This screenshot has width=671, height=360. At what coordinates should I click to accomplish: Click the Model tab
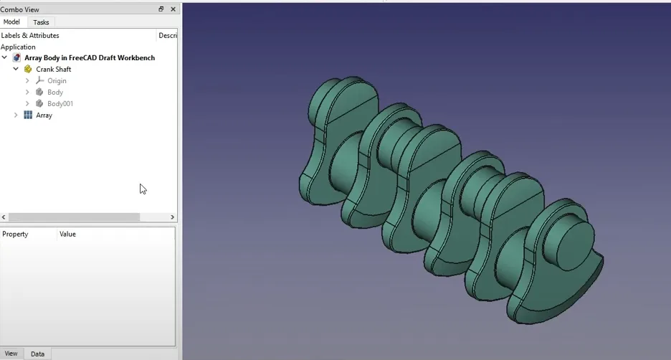coord(11,22)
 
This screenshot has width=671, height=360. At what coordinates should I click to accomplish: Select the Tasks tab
coord(41,22)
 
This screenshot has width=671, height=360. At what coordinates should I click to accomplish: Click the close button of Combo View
coord(173,9)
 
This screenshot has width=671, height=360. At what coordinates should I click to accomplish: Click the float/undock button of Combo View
coord(161,9)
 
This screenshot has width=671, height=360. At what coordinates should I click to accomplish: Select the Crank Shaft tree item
coord(54,70)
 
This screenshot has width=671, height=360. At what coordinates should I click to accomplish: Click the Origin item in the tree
coord(57,81)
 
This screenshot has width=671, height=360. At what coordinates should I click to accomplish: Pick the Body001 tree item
coord(60,104)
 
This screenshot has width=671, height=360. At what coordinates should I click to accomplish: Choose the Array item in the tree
coord(44,115)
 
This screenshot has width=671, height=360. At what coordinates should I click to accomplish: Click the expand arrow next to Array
coord(16,115)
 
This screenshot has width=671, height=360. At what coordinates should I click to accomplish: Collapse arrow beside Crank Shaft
coord(16,70)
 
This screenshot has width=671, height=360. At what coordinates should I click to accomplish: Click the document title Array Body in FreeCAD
coord(89,58)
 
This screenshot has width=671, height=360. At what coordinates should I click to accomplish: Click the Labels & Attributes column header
coord(30,35)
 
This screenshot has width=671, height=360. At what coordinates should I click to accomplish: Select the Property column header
coord(15,235)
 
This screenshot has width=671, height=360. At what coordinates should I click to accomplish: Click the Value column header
coord(67,235)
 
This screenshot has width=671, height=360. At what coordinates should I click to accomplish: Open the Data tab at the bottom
coord(37,354)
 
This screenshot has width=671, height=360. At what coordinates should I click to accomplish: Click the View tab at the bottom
coord(11,354)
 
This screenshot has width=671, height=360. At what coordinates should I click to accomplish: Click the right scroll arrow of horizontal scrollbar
coord(172,217)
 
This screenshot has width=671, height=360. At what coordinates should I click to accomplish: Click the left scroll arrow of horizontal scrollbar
coord(4,217)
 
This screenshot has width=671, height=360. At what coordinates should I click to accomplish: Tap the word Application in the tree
coord(18,47)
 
